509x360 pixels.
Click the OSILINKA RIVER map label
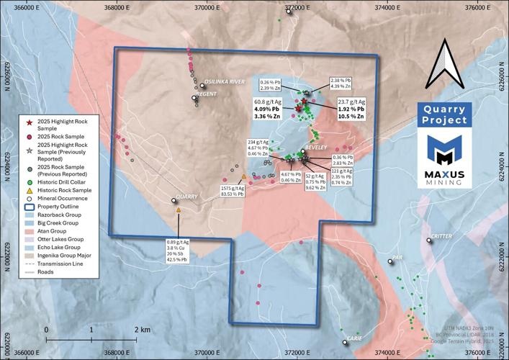[225, 81]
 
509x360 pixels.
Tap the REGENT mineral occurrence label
[207, 94]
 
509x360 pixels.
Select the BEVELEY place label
[316, 148]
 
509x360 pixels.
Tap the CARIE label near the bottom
[353, 338]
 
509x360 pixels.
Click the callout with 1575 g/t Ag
[233, 189]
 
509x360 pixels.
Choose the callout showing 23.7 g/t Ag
[353, 109]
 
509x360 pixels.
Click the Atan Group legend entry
[60, 231]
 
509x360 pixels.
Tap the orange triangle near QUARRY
[178, 210]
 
